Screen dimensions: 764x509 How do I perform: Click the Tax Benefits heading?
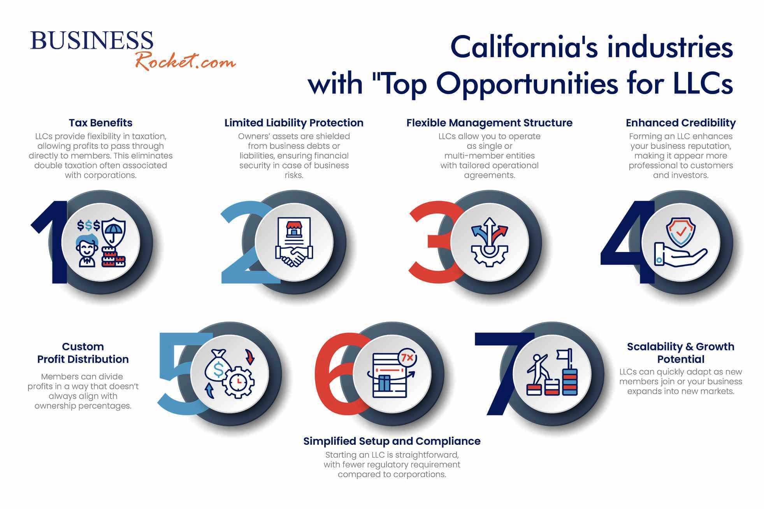(100, 123)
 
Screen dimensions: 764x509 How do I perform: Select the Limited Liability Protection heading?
(294, 123)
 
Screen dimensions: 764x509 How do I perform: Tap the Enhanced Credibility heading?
(681, 123)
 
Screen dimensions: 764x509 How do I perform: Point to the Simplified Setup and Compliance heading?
(392, 441)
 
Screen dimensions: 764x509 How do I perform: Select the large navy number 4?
(629, 242)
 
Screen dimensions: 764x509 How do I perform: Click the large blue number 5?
(183, 373)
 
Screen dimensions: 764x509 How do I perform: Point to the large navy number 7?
(502, 373)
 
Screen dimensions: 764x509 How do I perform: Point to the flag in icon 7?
(563, 354)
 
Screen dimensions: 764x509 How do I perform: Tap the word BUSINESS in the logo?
(92, 40)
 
